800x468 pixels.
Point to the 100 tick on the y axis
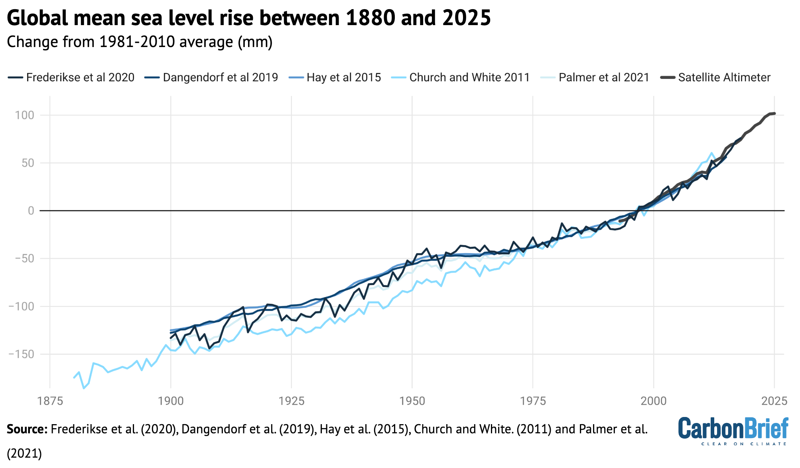(25, 115)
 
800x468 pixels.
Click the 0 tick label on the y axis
(31, 210)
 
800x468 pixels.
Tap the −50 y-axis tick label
(24, 258)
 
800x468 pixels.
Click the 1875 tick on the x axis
(50, 401)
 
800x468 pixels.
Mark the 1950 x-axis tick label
(412, 401)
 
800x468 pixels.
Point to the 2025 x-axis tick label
(774, 401)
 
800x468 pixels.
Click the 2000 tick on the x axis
(653, 401)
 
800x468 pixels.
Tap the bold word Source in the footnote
(27, 429)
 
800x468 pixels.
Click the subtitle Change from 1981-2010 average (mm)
(140, 42)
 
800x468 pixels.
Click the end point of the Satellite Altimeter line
(774, 114)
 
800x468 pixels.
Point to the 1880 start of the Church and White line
(74, 378)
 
